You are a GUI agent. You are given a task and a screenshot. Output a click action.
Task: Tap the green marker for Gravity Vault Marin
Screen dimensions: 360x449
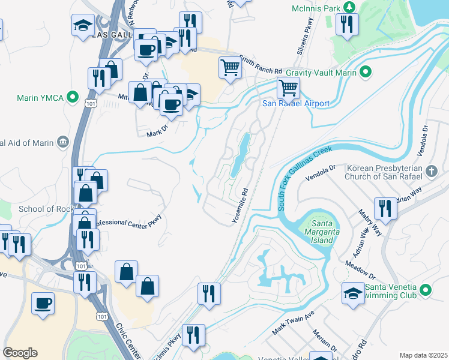click(364, 73)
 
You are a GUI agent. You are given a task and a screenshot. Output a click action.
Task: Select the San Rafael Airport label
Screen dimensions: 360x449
click(296, 103)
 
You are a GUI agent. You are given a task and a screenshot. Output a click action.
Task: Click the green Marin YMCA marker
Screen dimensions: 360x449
click(73, 96)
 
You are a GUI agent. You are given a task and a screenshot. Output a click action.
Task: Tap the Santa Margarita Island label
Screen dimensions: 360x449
click(318, 230)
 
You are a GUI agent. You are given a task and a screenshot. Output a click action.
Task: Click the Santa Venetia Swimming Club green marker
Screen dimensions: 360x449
click(426, 290)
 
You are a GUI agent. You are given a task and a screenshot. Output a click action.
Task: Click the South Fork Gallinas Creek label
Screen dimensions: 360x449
click(305, 178)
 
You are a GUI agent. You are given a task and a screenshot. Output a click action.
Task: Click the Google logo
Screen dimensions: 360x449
click(20, 353)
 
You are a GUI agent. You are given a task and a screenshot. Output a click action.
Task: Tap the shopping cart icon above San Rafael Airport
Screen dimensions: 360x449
click(288, 88)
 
